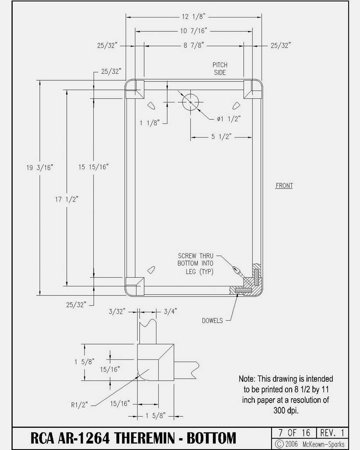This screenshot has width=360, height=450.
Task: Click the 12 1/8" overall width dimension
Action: pyautogui.click(x=194, y=17)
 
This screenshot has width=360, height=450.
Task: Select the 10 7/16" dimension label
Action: pyautogui.click(x=194, y=31)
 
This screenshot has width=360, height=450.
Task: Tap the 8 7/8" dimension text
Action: pyautogui.click(x=194, y=45)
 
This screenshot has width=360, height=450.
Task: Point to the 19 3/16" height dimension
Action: pyautogui.click(x=40, y=167)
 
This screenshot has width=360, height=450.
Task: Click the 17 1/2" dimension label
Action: pyautogui.click(x=67, y=199)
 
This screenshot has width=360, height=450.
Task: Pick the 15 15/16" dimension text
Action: pyautogui.click(x=94, y=167)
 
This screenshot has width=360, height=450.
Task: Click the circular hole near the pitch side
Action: pyautogui.click(x=191, y=102)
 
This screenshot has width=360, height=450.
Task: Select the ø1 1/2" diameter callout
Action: pyautogui.click(x=228, y=119)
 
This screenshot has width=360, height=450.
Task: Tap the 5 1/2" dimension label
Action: pyautogui.click(x=221, y=137)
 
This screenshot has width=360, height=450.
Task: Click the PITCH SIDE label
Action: pyautogui.click(x=220, y=69)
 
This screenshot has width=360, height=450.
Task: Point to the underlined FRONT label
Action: pyautogui.click(x=284, y=186)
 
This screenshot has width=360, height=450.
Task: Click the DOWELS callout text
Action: pyautogui.click(x=212, y=321)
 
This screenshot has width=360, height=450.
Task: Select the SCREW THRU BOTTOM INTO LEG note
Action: pyautogui.click(x=195, y=263)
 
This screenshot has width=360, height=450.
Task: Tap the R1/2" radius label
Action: pyautogui.click(x=79, y=405)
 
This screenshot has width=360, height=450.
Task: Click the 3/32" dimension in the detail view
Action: pyautogui.click(x=117, y=312)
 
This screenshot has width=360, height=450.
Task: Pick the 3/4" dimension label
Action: pyautogui.click(x=170, y=312)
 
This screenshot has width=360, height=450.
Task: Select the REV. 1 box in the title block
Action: pyautogui.click(x=332, y=432)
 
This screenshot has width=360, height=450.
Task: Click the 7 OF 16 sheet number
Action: pyautogui.click(x=294, y=432)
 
